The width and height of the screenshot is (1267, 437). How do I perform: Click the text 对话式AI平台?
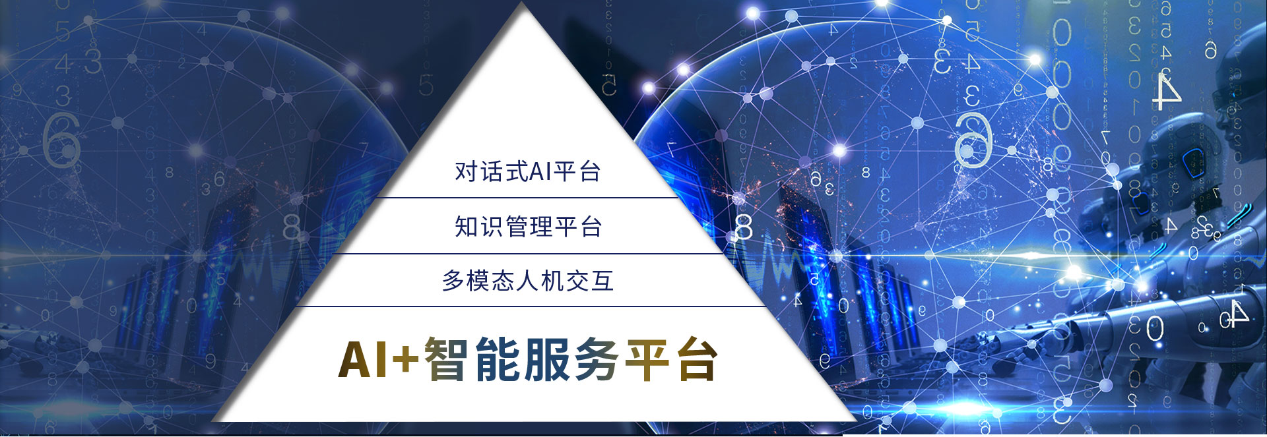pyautogui.click(x=527, y=171)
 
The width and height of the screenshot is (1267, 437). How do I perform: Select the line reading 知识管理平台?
pyautogui.click(x=528, y=227)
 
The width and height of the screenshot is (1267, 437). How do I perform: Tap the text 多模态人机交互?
pyautogui.click(x=528, y=281)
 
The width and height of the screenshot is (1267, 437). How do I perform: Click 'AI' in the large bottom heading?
pyautogui.click(x=362, y=360)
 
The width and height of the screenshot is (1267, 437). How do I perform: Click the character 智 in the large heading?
pyautogui.click(x=446, y=359)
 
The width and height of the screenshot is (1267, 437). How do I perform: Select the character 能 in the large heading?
pyautogui.click(x=498, y=359)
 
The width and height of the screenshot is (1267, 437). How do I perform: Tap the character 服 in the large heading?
pyautogui.click(x=549, y=359)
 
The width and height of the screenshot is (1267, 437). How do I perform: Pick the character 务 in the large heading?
pyautogui.click(x=598, y=359)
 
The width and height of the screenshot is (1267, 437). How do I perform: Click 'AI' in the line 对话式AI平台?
pyautogui.click(x=540, y=171)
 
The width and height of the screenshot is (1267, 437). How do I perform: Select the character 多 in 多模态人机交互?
pyautogui.click(x=453, y=281)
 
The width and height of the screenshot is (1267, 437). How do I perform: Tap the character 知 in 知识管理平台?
pyautogui.click(x=466, y=227)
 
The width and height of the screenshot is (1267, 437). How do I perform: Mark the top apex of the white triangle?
pyautogui.click(x=523, y=3)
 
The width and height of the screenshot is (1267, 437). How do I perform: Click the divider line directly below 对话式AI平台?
pyautogui.click(x=527, y=197)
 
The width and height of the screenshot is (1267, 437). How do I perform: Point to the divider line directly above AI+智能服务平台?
pyautogui.click(x=530, y=306)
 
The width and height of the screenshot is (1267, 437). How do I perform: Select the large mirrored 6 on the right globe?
pyautogui.click(x=973, y=140)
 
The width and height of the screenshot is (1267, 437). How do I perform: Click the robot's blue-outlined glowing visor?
pyautogui.click(x=1190, y=158)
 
